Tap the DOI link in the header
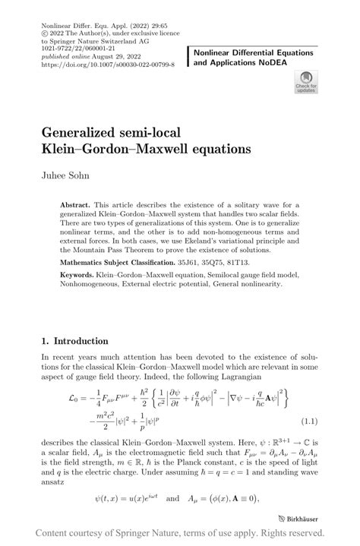pyautogui.click(x=109, y=65)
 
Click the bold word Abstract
pyautogui.click(x=74, y=205)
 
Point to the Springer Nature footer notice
pyautogui.click(x=179, y=535)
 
